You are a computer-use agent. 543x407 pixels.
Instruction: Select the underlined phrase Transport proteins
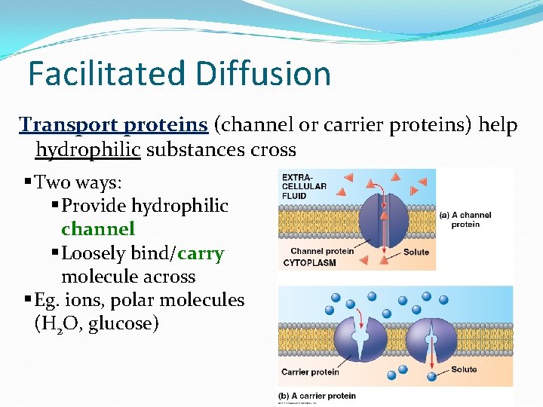point(113,124)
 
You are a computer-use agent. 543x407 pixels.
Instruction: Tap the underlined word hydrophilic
point(88,149)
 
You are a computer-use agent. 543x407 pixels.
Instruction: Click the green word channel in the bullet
point(98,228)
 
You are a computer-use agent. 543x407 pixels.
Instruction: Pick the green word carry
point(201,253)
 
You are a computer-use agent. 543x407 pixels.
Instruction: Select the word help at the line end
point(499,124)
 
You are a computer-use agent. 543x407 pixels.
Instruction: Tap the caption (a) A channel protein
point(465,219)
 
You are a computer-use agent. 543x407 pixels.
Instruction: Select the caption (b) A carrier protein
point(318,396)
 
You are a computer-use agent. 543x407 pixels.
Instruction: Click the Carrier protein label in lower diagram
point(310,372)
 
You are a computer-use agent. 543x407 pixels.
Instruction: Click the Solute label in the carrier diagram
point(464,369)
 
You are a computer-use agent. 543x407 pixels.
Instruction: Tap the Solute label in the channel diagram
point(416,252)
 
